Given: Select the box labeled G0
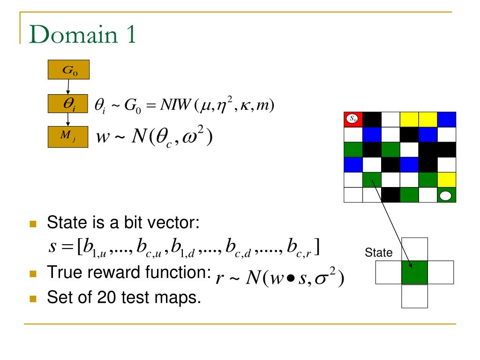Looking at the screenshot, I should [68, 71].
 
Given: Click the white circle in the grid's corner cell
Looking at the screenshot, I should [445, 195].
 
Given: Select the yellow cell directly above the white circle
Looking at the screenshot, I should [445, 179].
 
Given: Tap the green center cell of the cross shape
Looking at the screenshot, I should [415, 272].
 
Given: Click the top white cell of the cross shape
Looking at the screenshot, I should [415, 249].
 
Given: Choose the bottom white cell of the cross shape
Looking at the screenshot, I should [415, 296].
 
